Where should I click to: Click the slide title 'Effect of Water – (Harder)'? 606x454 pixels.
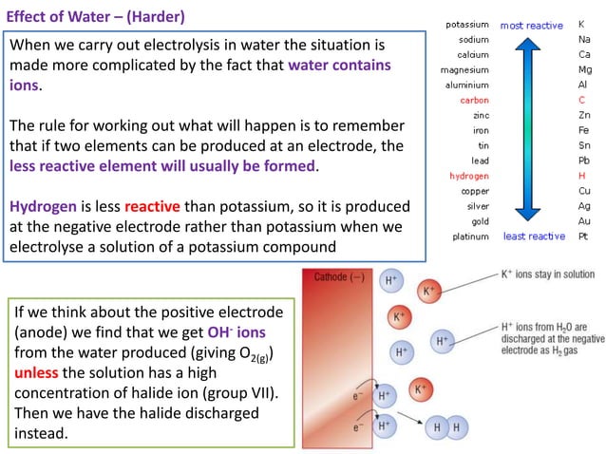(96, 17)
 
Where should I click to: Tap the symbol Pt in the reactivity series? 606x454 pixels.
(583, 236)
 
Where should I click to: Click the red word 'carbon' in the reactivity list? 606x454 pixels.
(475, 100)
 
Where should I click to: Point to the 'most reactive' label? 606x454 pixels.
(532, 25)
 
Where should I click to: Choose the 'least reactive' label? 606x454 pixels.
(534, 236)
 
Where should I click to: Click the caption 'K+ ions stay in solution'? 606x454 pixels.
(547, 275)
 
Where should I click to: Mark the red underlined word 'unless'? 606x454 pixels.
(40, 371)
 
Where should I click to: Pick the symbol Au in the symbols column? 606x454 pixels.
(583, 220)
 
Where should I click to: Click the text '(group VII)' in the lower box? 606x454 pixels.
(227, 392)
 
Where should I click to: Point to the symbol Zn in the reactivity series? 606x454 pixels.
(583, 115)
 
